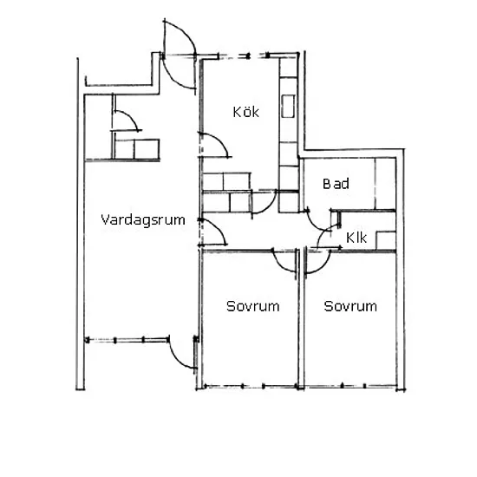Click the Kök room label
pos(245,112)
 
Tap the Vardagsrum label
pos(143,219)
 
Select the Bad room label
pos(336,184)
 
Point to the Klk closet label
pos(356,238)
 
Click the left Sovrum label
pos(252,306)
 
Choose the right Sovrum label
pos(350,306)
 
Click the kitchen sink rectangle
pos(288,106)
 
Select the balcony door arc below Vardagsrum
pos(176,359)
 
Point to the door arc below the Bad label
pos(315,225)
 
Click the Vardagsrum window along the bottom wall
pos(127,340)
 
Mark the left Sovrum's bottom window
pos(250,386)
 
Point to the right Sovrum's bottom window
pos(350,386)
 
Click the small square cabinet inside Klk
pos(386,240)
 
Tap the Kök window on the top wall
pos(244,56)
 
